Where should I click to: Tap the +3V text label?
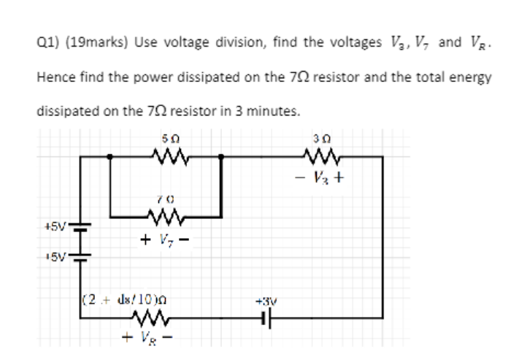tap(264, 299)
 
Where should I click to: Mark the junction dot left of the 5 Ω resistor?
tap(109, 156)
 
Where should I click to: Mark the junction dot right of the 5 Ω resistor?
tap(222, 156)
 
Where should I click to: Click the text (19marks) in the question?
tap(93, 42)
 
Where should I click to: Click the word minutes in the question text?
tap(274, 112)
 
